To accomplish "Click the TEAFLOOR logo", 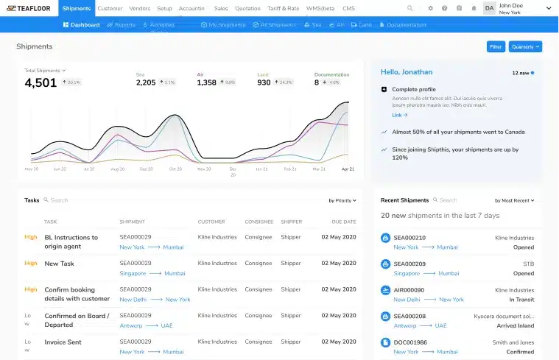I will point(28,8).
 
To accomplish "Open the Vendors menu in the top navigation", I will point(139,8).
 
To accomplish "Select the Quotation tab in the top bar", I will point(247,8).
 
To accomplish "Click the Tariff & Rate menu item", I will point(282,8).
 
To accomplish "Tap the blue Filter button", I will point(496,46).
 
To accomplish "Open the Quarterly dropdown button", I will point(525,46).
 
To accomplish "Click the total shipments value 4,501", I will point(41,83).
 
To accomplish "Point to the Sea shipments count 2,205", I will point(146,82).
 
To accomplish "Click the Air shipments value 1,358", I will point(207,82).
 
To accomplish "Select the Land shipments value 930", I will point(264,82).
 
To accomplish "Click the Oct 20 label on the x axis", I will point(175,169).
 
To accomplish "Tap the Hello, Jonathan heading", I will point(407,72).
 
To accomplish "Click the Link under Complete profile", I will point(397,115).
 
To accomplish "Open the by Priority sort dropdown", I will point(342,200).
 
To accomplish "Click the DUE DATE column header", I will point(344,222).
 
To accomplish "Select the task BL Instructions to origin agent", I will point(71,242).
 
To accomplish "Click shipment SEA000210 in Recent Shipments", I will point(409,238).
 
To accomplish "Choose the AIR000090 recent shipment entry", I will point(409,290).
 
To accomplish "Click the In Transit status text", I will point(520,300).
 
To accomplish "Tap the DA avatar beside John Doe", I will point(490,8).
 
